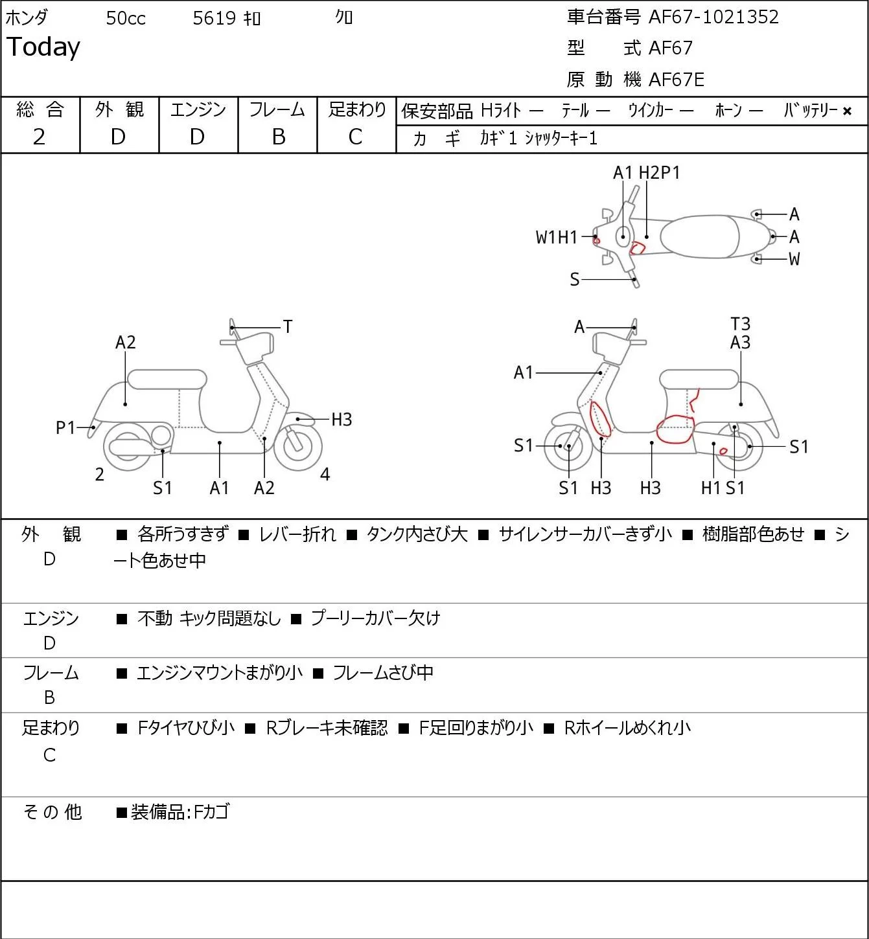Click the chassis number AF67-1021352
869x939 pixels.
click(713, 17)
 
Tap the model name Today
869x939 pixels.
click(43, 47)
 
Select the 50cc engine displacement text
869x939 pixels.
click(126, 18)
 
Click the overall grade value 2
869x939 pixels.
click(39, 137)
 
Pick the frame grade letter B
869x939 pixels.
click(278, 137)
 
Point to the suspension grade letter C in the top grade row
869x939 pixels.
click(355, 137)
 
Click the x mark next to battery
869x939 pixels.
click(847, 111)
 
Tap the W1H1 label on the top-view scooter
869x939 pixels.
click(556, 238)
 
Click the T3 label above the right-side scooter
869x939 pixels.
click(740, 324)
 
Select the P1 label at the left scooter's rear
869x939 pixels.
click(65, 427)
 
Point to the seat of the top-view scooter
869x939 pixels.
click(700, 236)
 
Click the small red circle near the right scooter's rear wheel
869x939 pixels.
click(723, 451)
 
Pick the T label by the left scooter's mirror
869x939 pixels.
click(287, 327)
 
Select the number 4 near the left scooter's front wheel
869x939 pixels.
click(325, 474)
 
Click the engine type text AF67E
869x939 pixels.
click(677, 80)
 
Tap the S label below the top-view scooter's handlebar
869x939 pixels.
click(575, 279)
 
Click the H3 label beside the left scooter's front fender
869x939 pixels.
click(342, 420)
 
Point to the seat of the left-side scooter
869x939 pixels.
click(167, 379)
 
